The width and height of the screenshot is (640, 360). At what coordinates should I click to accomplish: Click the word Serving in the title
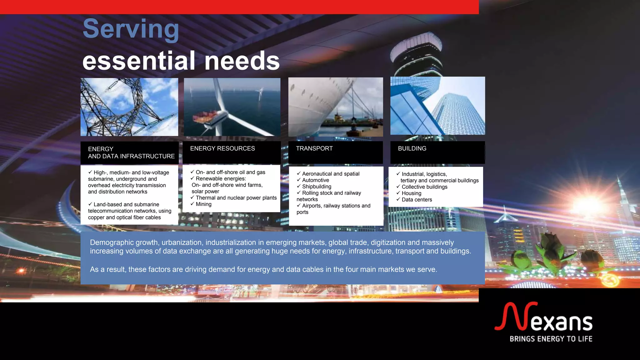pos(131,29)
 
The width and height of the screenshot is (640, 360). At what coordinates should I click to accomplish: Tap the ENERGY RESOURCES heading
pos(222,149)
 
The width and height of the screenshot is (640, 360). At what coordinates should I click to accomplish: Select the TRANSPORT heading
pos(314,149)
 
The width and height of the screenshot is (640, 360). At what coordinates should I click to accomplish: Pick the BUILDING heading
pos(412,149)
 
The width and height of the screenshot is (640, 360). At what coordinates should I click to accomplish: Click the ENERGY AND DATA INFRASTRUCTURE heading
pos(131,152)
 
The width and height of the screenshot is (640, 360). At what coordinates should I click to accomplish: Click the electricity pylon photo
pos(129,107)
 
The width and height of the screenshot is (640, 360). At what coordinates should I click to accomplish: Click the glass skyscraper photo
pos(437,106)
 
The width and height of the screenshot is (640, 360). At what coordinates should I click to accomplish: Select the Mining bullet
pos(203,204)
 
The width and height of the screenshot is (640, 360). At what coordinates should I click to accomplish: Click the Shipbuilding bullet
pos(316,187)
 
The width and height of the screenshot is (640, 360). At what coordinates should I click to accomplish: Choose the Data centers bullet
pos(417,200)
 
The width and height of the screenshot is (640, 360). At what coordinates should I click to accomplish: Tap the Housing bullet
pos(411,193)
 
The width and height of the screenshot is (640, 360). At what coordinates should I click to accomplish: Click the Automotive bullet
pos(315,180)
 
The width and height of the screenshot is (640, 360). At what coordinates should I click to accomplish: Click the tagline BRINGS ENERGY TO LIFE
pos(551,339)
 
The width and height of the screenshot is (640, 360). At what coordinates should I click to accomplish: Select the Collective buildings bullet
pos(424,187)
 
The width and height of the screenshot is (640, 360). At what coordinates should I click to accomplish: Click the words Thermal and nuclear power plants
pos(236,198)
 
